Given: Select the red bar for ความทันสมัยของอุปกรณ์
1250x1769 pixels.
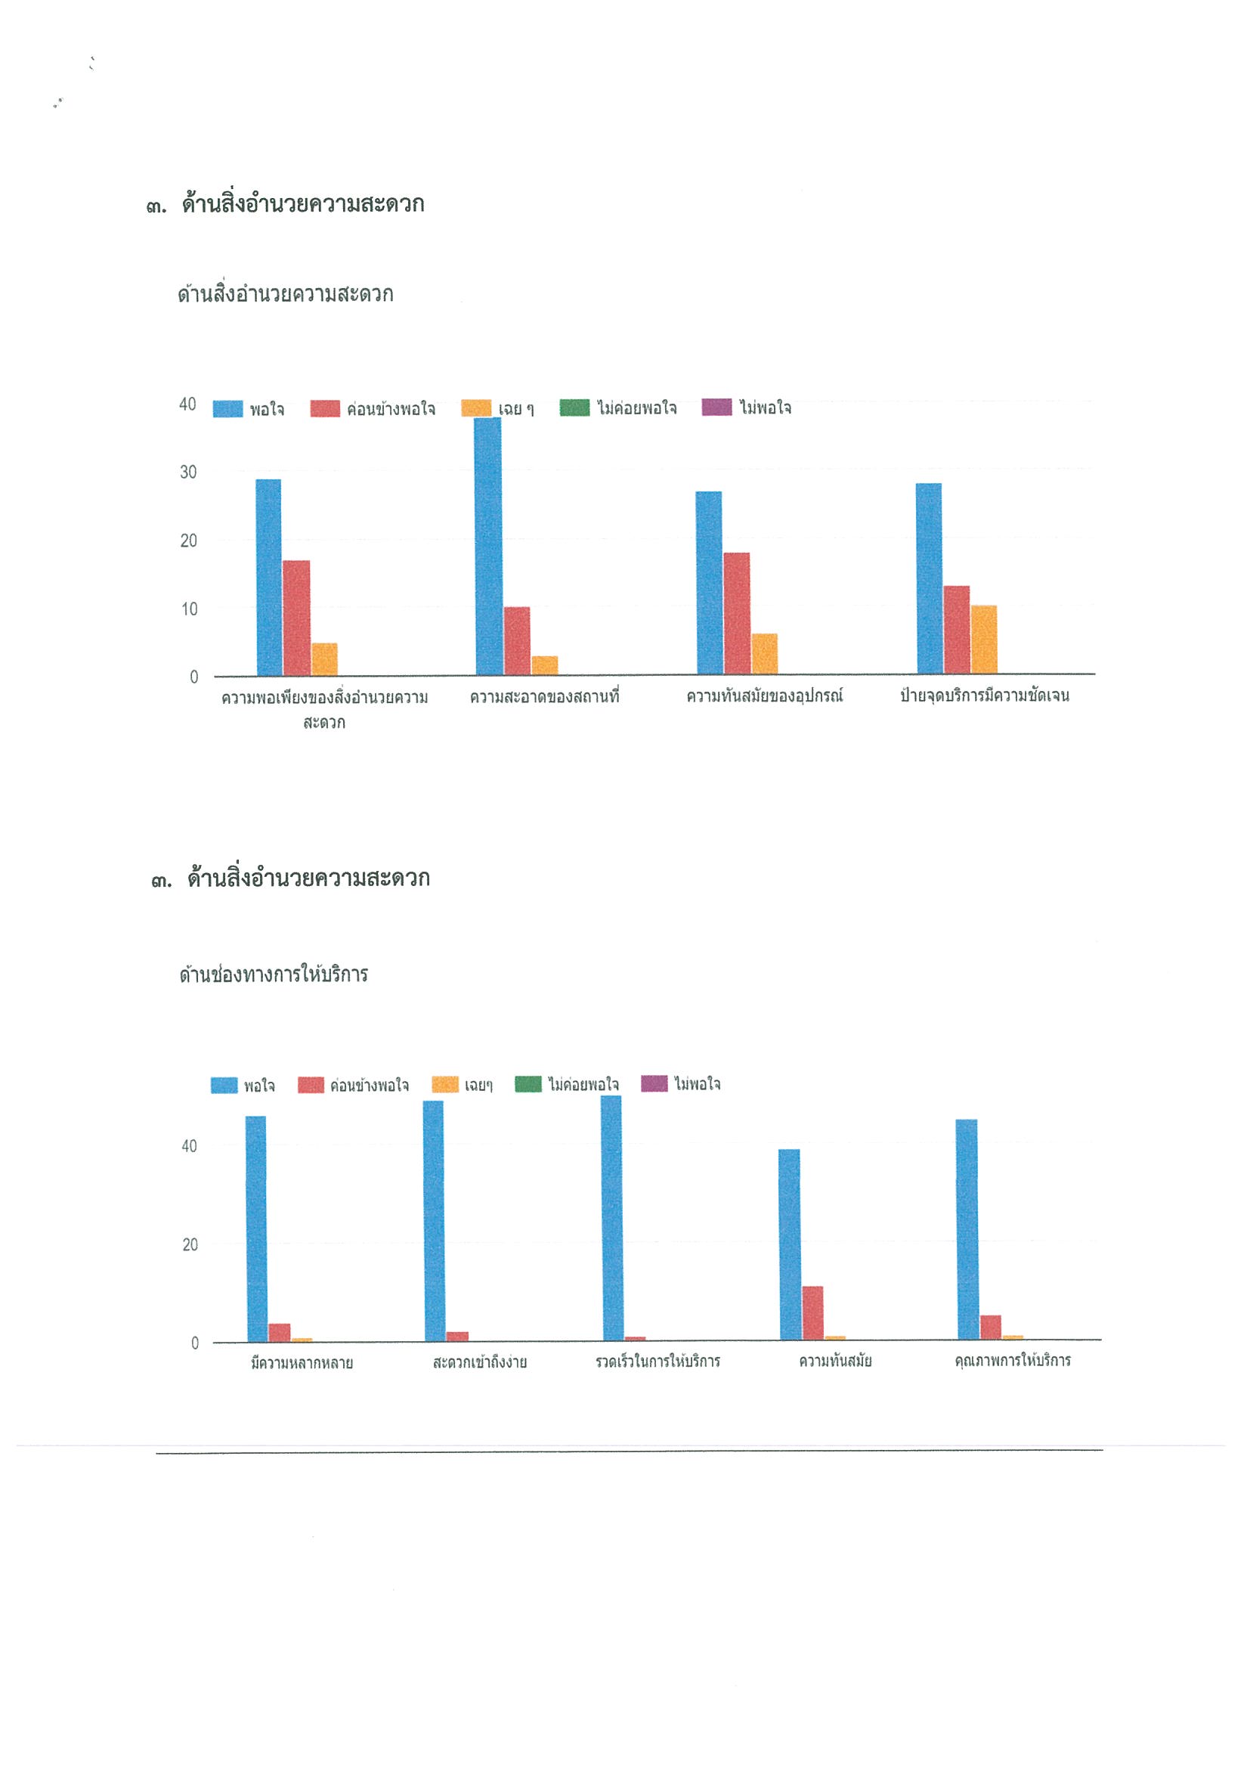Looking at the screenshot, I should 736,613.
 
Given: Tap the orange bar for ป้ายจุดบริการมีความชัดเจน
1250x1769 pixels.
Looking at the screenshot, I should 983,640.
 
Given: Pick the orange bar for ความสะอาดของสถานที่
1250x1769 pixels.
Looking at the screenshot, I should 545,665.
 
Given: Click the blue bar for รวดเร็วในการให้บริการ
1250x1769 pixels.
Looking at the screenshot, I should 611,1218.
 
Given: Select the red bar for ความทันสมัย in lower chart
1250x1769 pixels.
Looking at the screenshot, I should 812,1313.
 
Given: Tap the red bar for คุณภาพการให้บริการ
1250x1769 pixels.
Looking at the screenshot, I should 991,1328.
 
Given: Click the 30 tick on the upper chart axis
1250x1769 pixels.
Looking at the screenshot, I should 189,472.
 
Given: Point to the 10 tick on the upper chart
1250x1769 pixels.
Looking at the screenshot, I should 190,609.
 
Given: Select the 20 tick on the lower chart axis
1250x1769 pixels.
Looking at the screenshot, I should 190,1244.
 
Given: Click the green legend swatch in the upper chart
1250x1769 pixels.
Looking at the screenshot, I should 574,407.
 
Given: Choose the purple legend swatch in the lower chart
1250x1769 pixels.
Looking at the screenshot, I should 654,1083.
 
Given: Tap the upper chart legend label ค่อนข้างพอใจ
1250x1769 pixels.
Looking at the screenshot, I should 391,409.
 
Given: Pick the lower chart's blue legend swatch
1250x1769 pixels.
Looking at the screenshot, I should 224,1085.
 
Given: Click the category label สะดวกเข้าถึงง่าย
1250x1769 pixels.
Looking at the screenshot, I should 480,1362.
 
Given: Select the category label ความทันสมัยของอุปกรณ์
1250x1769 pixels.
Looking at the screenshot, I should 765,696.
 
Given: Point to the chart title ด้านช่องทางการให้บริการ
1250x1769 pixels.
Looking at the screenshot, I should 274,974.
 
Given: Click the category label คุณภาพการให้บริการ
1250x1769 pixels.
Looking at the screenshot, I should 1012,1361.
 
